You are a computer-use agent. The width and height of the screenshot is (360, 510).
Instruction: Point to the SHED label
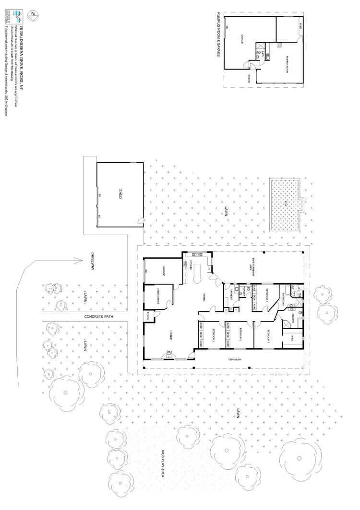(x=120, y=194)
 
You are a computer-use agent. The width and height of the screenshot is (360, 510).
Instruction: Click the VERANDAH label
(x=234, y=359)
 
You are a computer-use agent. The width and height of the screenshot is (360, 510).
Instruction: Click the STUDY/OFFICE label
(x=159, y=294)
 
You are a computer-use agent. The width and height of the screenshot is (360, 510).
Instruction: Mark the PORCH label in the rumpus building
(x=249, y=78)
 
